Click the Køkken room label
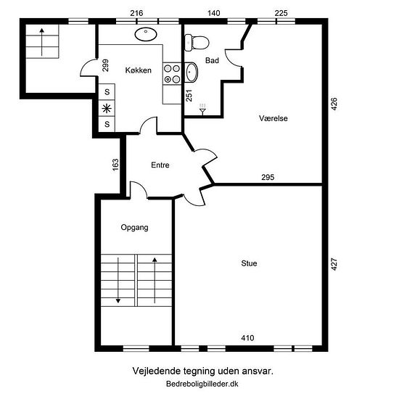(138, 70)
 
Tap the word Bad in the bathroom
(212, 60)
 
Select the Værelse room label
(273, 118)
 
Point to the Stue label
(249, 263)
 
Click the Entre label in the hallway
(160, 165)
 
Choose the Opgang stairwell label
(134, 228)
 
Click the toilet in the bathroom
(197, 42)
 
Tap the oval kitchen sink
(146, 34)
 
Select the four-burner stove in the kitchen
(172, 73)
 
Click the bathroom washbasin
(191, 72)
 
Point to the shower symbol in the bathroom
(202, 109)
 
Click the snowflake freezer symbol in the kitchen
(107, 109)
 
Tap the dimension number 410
(247, 338)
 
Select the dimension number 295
(268, 177)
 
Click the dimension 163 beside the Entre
(115, 165)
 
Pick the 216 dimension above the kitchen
(136, 13)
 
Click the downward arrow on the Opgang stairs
(118, 280)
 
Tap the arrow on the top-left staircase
(42, 42)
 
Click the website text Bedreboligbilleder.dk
(202, 384)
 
